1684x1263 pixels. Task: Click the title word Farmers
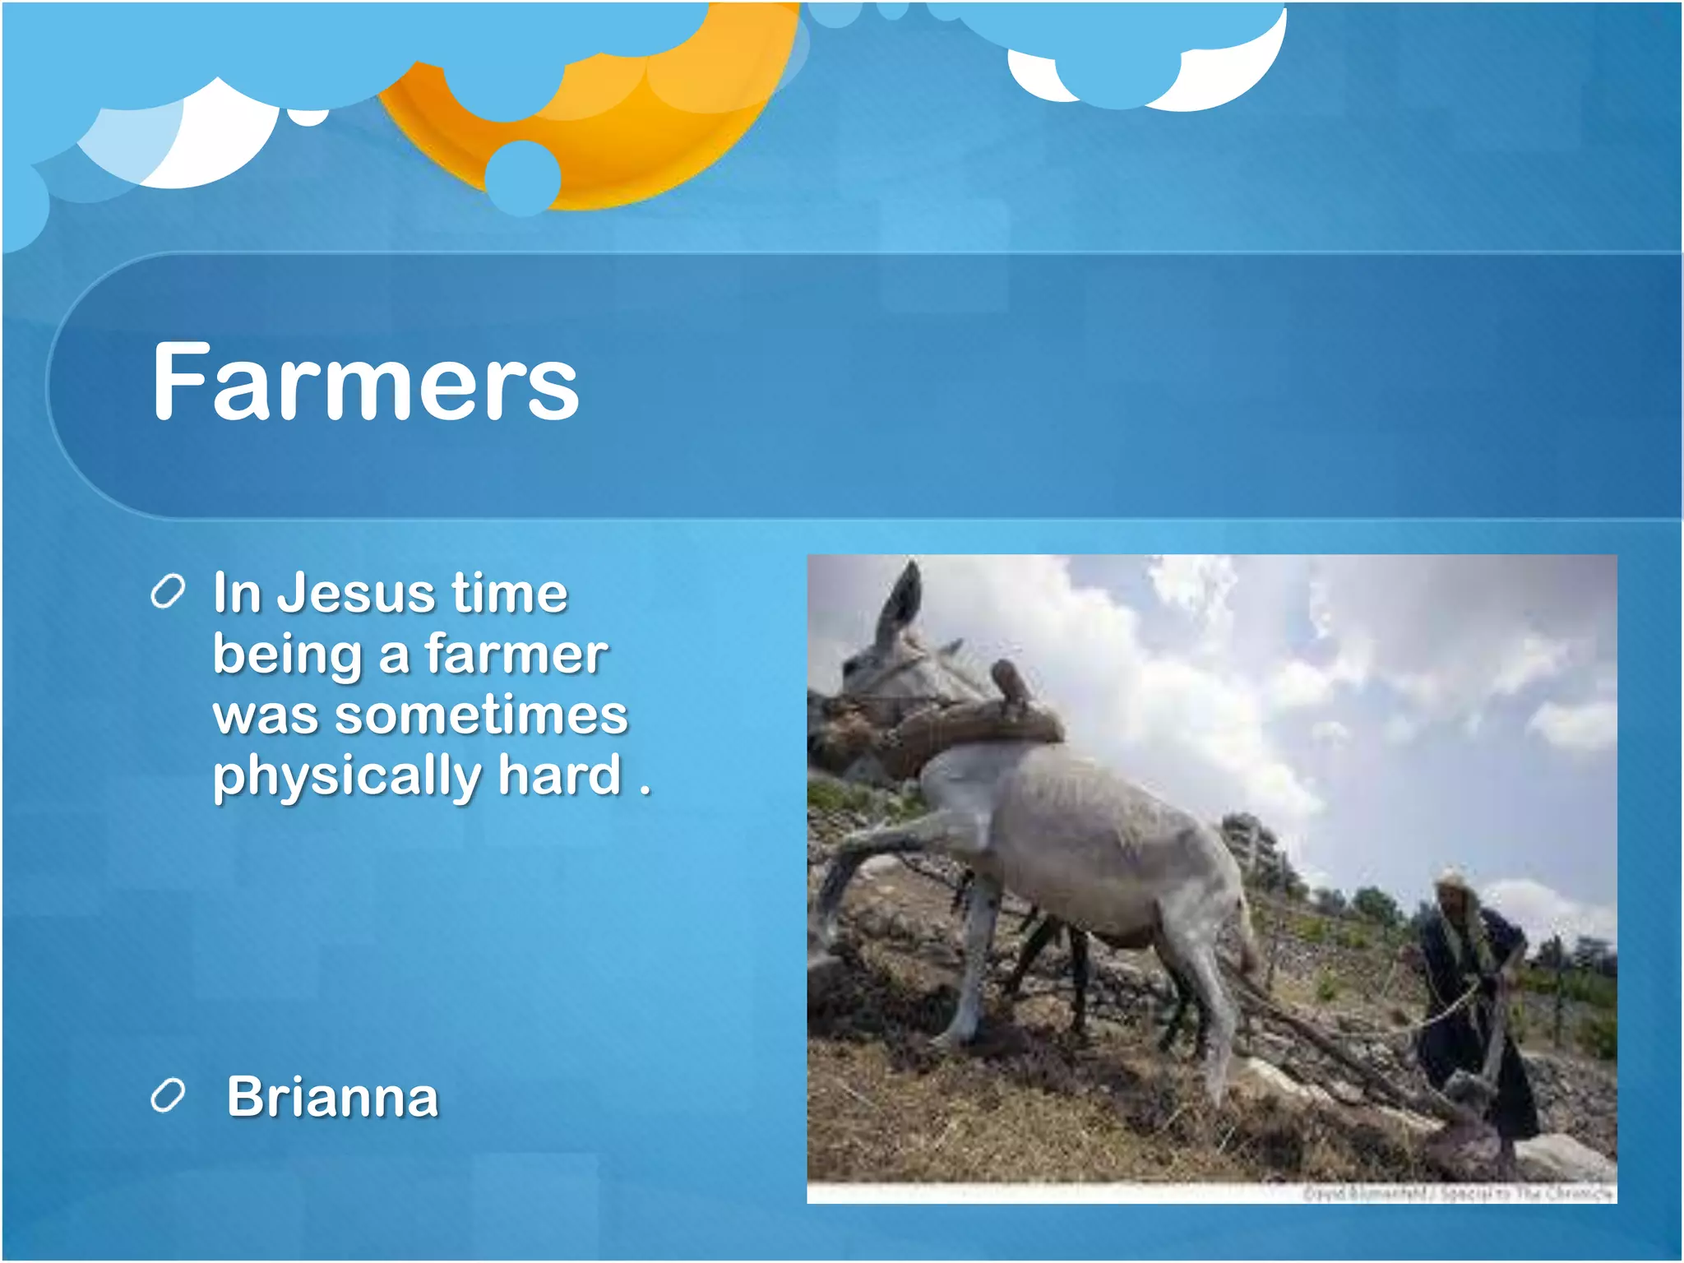365,382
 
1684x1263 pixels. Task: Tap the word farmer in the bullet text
516,655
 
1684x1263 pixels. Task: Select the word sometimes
482,715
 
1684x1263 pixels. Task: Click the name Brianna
332,1097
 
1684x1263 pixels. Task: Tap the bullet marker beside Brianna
168,1096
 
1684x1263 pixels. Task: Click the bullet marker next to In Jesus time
168,592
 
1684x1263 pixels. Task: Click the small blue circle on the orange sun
523,177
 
